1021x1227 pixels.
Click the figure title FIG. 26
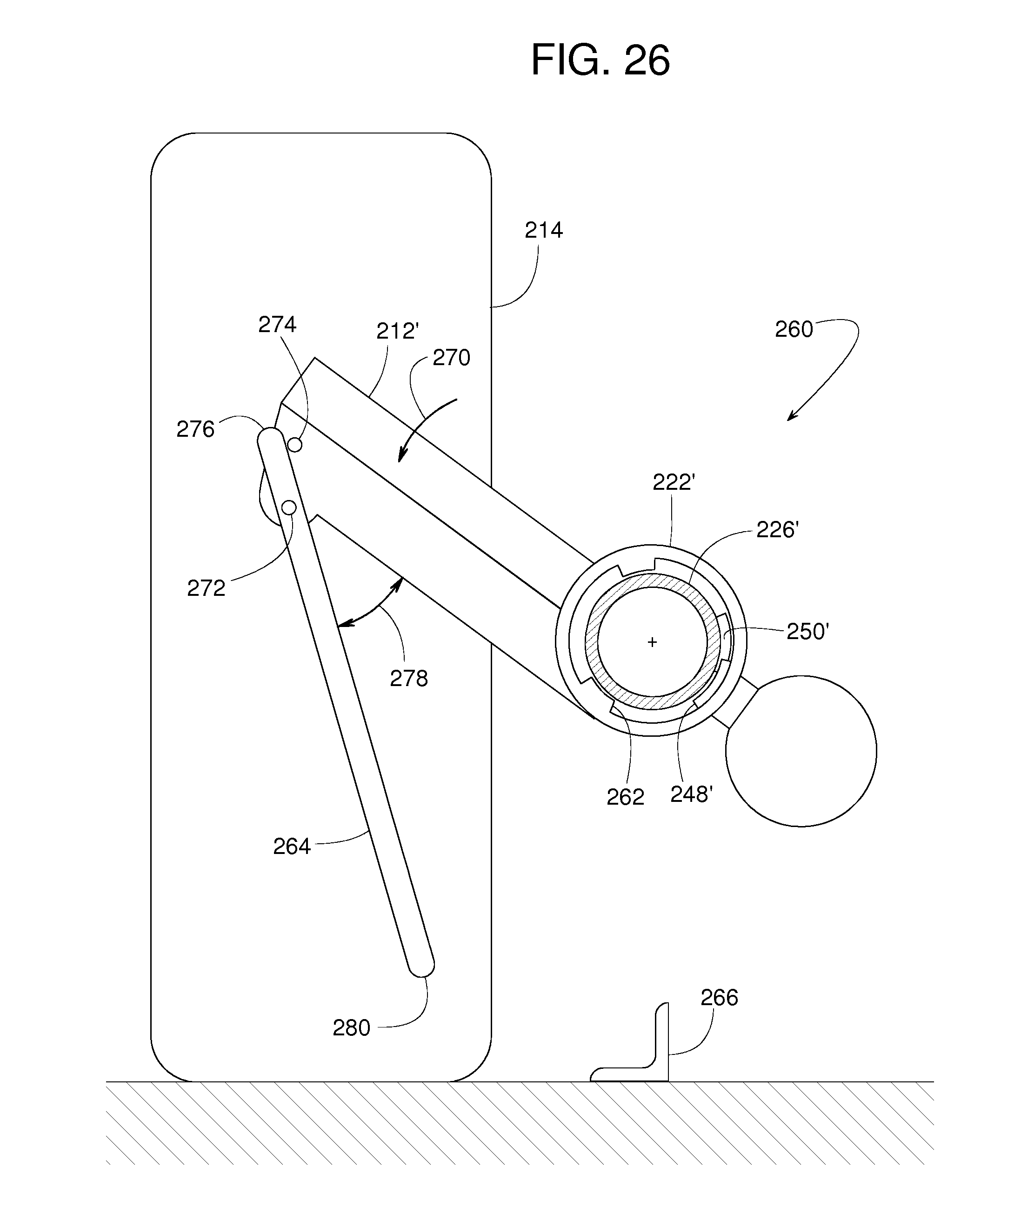[600, 60]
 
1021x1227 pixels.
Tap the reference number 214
[543, 230]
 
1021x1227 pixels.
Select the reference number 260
[794, 329]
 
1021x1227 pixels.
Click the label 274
[277, 324]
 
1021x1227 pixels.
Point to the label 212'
[397, 331]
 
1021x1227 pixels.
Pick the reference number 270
[451, 358]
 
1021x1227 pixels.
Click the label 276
[195, 429]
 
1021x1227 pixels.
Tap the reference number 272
[206, 588]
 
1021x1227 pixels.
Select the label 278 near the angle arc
[409, 678]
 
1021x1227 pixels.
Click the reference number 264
[292, 847]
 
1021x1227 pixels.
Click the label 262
[625, 797]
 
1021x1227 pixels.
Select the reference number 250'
[807, 632]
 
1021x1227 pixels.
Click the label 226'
[777, 530]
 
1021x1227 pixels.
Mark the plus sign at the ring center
[652, 642]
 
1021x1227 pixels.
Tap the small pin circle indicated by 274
[296, 445]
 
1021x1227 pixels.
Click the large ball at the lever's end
[801, 751]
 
